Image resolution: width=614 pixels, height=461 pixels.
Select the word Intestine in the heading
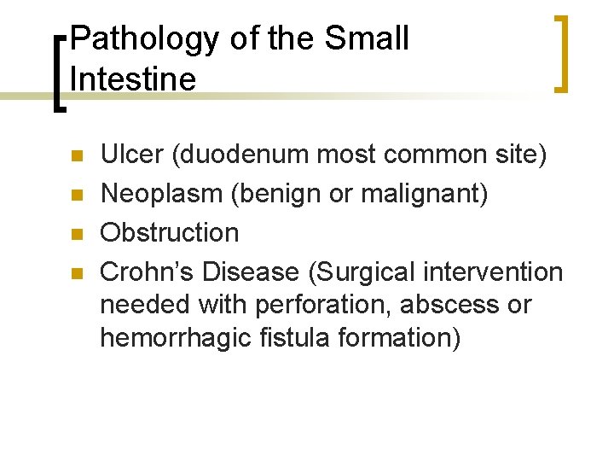(x=133, y=79)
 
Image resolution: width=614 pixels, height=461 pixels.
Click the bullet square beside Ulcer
(x=76, y=157)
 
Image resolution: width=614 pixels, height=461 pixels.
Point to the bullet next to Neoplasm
(x=76, y=195)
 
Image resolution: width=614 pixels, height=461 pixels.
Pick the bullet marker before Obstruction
(x=76, y=234)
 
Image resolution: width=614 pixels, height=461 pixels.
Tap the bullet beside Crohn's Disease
(x=76, y=273)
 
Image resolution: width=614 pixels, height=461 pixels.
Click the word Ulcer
(x=132, y=155)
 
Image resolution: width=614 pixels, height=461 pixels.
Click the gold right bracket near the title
(x=559, y=52)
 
